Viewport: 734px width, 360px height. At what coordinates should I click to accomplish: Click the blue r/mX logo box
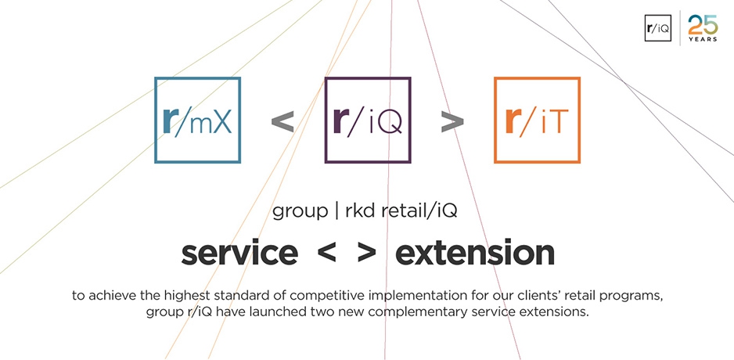(156, 121)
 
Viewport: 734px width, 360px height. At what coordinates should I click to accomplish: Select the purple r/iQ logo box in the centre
(326, 121)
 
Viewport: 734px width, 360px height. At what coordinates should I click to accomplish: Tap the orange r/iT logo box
(495, 121)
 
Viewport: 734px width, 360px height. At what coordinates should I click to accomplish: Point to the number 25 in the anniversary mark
(703, 25)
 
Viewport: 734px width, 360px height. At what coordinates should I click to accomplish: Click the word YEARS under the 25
(703, 40)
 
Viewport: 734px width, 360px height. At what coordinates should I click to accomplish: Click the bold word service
(239, 254)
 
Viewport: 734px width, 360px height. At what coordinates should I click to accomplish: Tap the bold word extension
(475, 254)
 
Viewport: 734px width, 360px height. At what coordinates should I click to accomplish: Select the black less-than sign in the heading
(326, 254)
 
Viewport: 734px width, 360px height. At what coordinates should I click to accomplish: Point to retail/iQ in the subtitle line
(419, 211)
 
